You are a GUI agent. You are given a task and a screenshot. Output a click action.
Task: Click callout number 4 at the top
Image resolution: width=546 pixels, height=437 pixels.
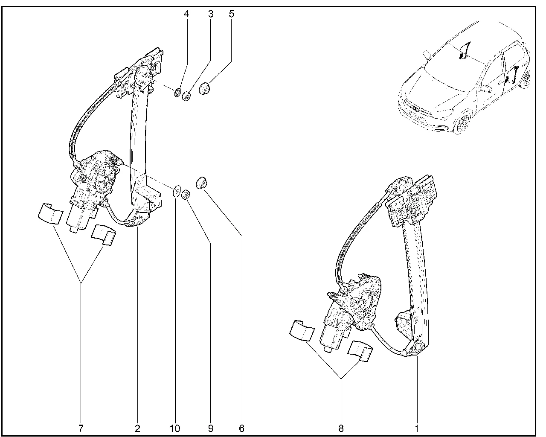click(186, 14)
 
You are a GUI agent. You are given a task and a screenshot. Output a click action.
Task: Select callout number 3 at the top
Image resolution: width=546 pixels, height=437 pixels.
click(210, 14)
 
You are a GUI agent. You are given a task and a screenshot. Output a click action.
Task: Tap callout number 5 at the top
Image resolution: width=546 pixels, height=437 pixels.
click(231, 14)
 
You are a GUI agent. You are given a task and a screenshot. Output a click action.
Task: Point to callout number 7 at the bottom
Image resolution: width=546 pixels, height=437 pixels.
click(81, 428)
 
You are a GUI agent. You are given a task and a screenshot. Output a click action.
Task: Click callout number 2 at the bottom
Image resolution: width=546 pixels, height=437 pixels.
click(137, 428)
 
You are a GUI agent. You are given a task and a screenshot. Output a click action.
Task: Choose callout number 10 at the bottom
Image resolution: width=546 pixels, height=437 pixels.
click(175, 428)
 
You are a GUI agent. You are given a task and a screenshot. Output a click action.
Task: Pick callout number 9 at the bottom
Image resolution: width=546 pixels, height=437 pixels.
click(210, 428)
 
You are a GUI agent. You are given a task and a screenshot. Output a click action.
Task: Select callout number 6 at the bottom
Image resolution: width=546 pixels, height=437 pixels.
click(241, 428)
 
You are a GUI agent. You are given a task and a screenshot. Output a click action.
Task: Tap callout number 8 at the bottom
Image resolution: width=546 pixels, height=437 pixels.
click(341, 428)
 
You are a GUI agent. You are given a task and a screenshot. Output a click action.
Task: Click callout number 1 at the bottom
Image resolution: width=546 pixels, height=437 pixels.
click(417, 428)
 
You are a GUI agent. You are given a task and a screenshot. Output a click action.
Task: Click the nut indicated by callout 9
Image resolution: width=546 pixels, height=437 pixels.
click(186, 195)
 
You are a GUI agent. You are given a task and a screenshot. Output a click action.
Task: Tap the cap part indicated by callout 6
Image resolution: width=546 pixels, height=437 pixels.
click(201, 183)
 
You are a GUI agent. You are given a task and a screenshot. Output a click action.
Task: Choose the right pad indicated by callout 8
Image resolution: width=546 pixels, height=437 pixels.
click(360, 350)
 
